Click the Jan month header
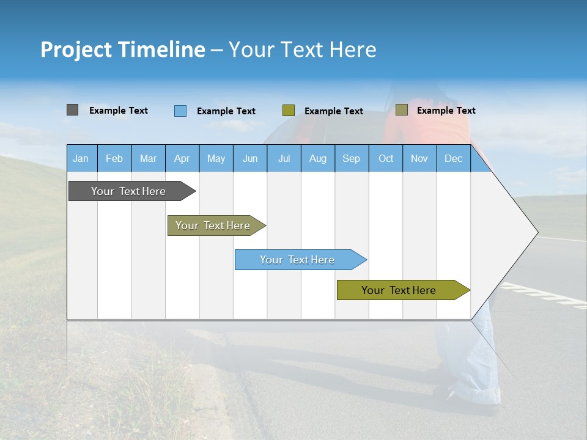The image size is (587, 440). coord(81,158)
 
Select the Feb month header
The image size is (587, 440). coord(114,158)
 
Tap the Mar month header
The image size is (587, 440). coord(148,158)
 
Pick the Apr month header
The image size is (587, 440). coord(182,158)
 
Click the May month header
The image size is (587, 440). coord(216,158)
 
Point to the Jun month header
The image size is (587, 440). coord(250,158)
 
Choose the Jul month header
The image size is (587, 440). coord(284,158)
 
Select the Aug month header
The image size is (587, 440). coord(318,158)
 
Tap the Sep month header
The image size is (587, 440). coord(352,158)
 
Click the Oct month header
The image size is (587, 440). coord(386,158)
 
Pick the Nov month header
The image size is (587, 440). coord(419,158)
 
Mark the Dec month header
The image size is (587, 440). coord(453,158)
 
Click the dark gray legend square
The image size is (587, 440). coord(72,110)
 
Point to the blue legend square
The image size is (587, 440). coord(180,111)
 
